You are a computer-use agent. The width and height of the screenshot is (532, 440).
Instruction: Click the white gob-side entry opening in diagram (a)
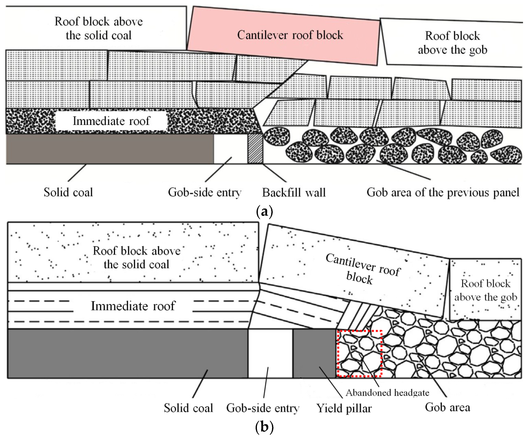click(230, 149)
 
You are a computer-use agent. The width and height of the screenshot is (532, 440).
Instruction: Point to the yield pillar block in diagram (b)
click(314, 353)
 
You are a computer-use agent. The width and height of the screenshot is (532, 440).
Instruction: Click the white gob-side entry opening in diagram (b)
click(270, 353)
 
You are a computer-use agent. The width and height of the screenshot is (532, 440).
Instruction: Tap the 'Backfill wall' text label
click(294, 192)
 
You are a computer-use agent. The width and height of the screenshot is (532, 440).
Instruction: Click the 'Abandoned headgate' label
click(387, 393)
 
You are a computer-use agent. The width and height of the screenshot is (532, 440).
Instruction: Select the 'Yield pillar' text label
click(344, 408)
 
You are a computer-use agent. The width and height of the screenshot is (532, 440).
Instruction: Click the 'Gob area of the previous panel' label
click(443, 192)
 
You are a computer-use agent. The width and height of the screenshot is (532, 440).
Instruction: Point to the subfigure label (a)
click(264, 211)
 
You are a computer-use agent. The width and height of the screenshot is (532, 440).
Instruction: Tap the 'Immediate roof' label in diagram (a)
click(111, 121)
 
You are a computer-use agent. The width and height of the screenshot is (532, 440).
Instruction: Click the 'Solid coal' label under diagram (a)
click(68, 192)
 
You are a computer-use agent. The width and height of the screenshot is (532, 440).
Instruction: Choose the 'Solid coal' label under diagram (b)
click(188, 408)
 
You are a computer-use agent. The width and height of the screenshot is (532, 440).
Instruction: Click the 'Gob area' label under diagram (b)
click(447, 408)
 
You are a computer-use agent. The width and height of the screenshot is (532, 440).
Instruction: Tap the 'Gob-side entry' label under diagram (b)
click(263, 408)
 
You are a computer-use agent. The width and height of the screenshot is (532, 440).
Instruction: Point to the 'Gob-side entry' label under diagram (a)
click(205, 193)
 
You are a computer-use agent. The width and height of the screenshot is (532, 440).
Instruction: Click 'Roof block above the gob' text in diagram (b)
click(486, 290)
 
